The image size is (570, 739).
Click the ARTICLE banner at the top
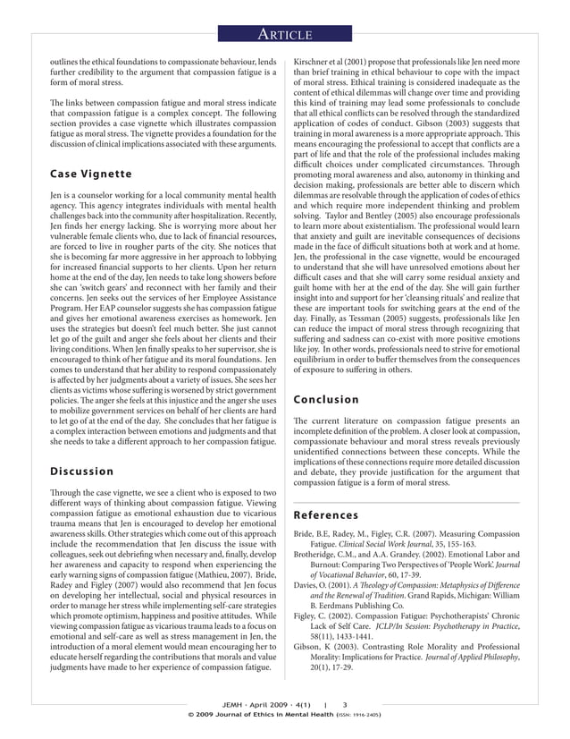284,35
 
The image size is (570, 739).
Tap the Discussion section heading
82,471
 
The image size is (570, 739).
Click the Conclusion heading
328,400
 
